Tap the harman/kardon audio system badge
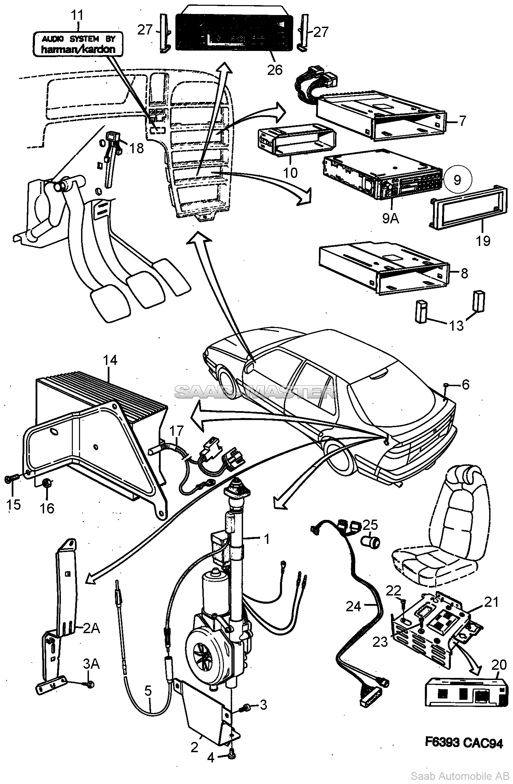coord(78,44)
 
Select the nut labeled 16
coord(47,483)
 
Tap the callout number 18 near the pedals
coord(136,148)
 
